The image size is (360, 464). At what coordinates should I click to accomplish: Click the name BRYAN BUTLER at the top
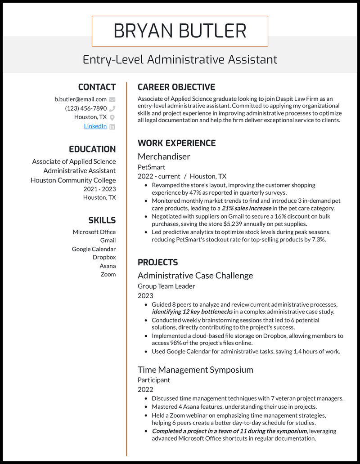click(180, 31)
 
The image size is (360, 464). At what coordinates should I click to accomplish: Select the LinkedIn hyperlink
click(95, 126)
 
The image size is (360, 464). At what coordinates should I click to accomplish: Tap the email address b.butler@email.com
click(81, 99)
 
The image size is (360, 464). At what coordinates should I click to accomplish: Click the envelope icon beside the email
click(112, 99)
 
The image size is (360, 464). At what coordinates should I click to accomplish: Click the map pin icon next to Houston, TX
click(112, 117)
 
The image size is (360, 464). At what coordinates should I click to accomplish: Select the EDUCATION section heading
click(92, 149)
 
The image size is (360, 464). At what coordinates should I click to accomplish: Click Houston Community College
click(73, 180)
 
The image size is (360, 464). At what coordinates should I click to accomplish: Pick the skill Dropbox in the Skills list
click(104, 258)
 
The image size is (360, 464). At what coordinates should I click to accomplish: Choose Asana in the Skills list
click(108, 266)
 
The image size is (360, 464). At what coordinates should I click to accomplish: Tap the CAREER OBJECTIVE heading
click(176, 87)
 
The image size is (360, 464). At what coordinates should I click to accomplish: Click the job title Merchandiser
click(164, 156)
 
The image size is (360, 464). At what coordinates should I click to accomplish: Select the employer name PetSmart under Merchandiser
click(151, 167)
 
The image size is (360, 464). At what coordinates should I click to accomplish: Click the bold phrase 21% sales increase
click(246, 208)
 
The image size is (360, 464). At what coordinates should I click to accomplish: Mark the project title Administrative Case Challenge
click(195, 276)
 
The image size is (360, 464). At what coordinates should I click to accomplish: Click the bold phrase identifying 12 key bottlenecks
click(192, 312)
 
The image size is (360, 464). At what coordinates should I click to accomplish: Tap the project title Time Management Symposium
click(195, 370)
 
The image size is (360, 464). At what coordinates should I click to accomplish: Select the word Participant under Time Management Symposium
click(154, 380)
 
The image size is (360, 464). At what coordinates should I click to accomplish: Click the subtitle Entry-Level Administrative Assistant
click(180, 59)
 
